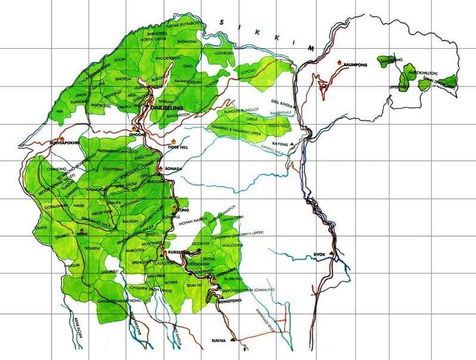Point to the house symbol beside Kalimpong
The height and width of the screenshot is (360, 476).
[339, 62]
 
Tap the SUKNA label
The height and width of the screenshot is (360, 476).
[219, 341]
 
